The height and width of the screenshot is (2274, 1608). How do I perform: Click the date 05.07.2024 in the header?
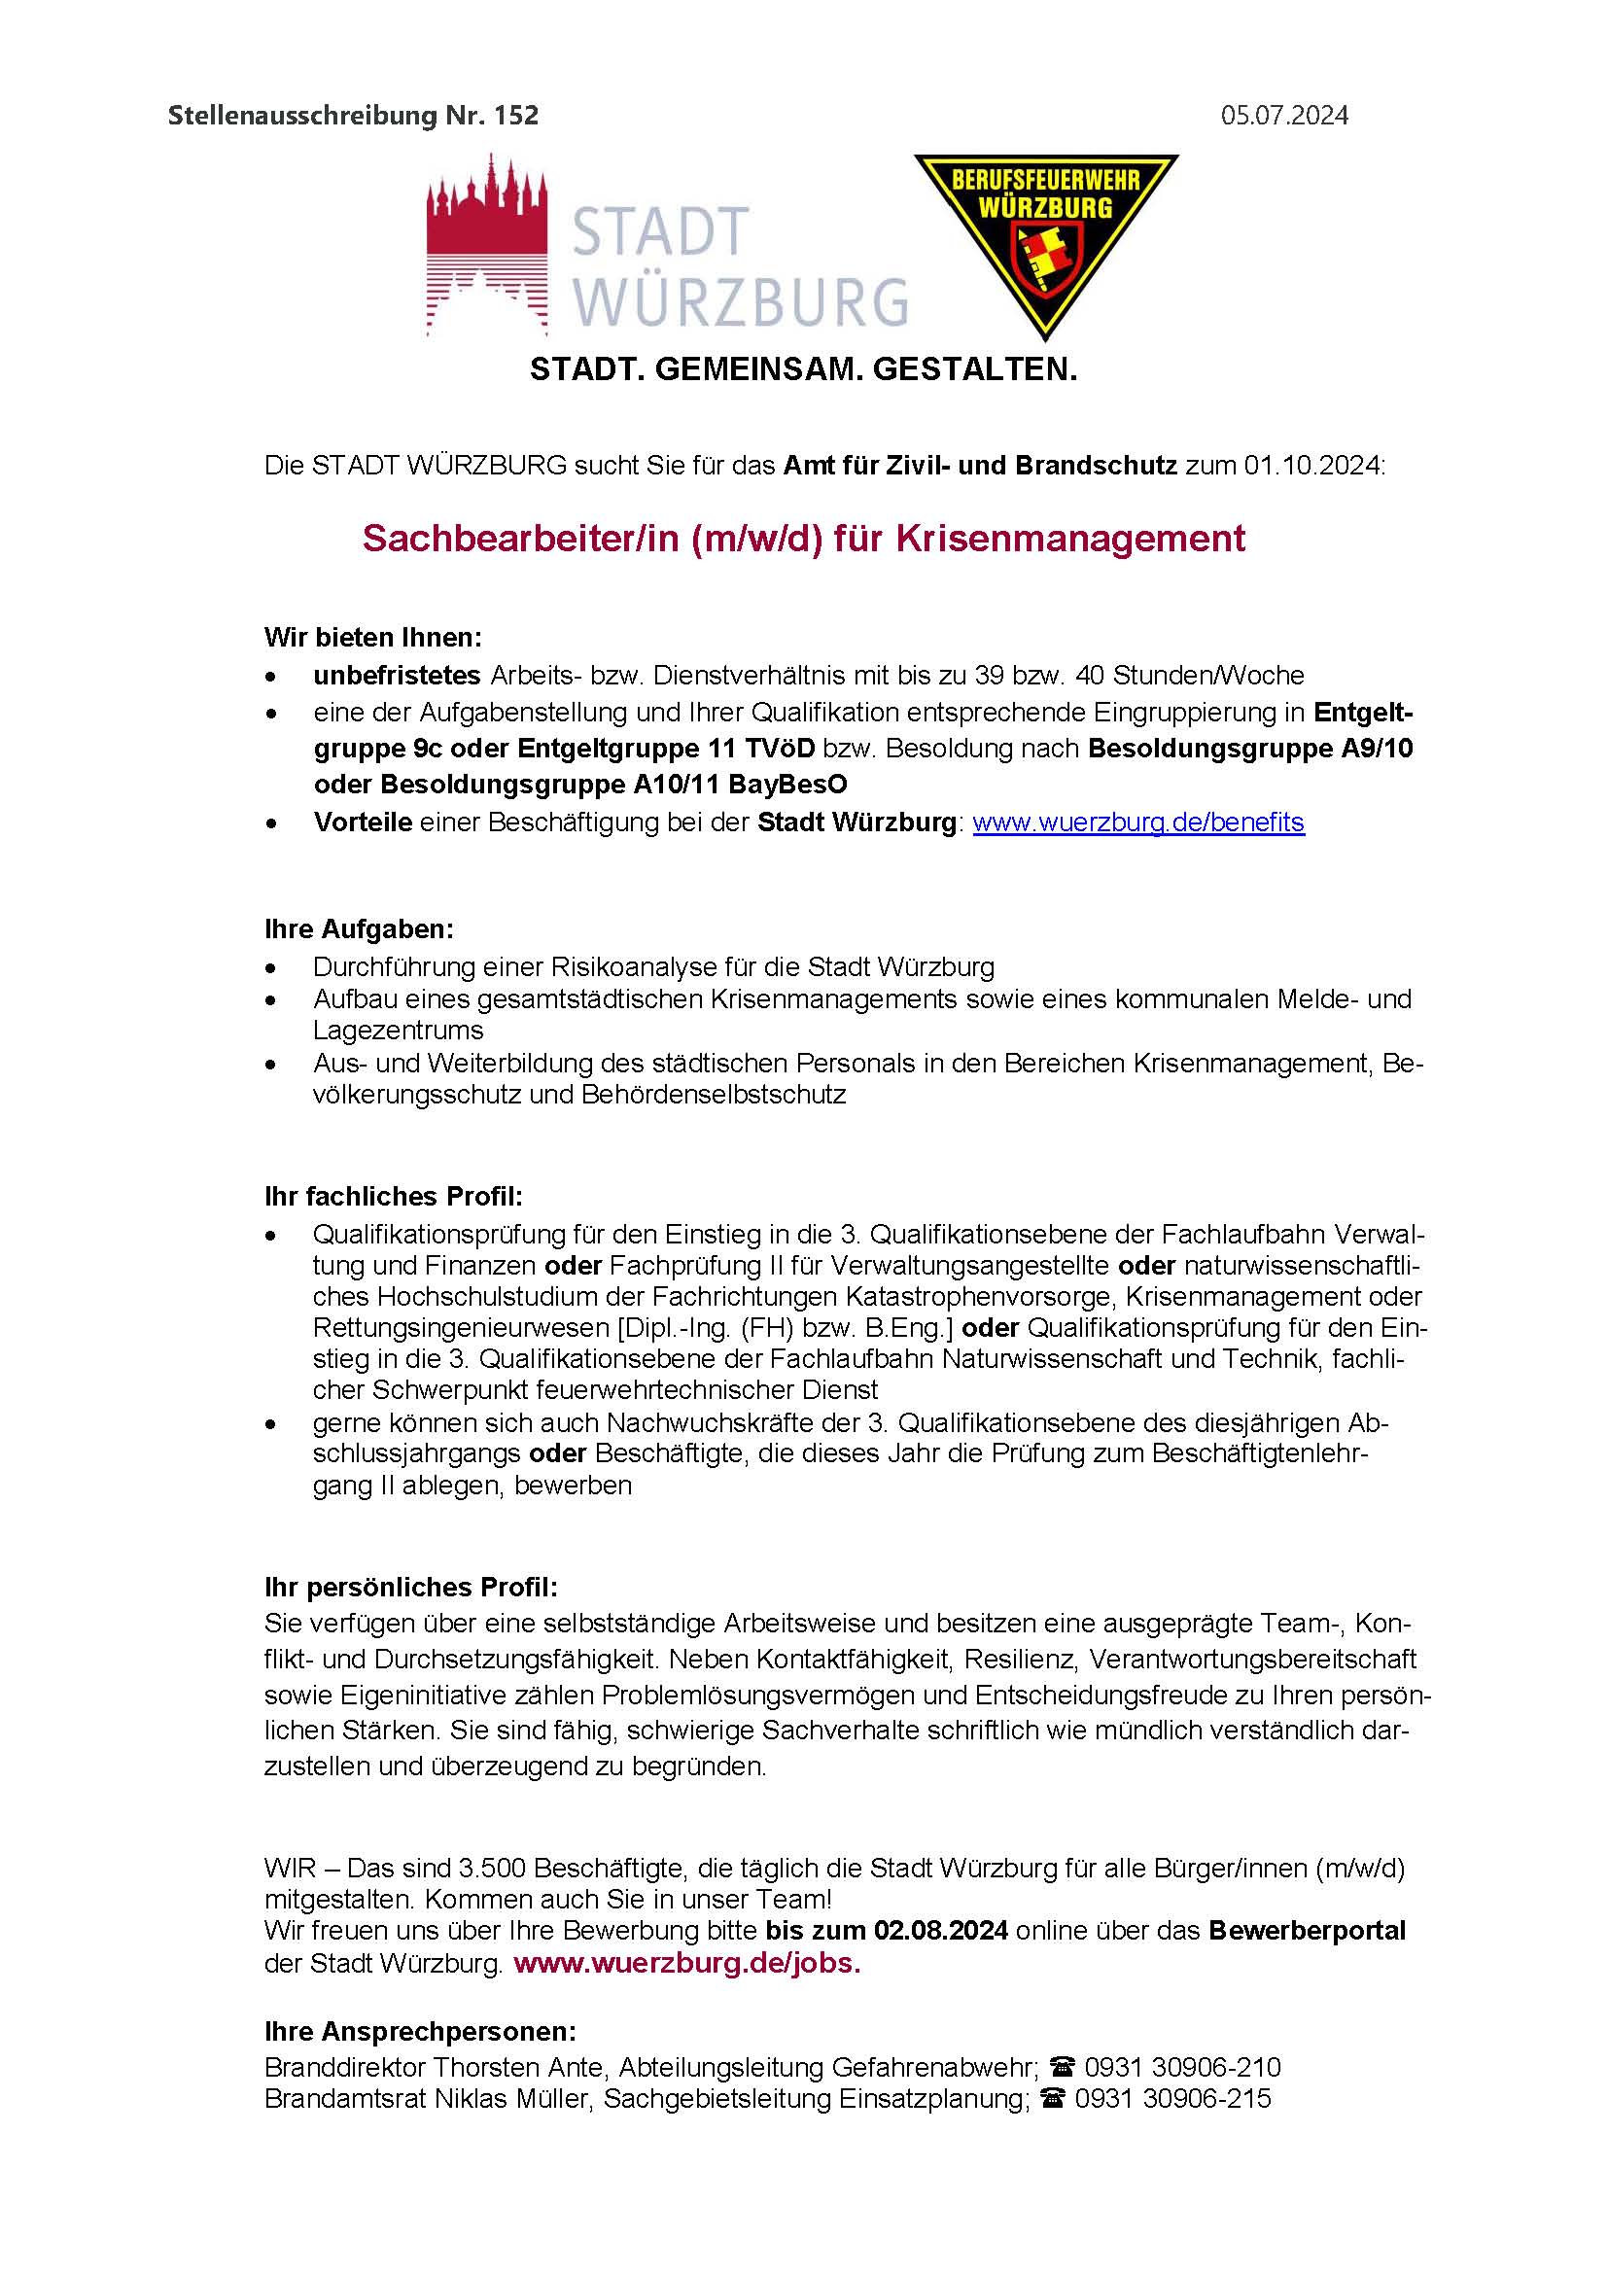(x=1283, y=116)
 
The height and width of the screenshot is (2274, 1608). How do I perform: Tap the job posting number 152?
(x=518, y=116)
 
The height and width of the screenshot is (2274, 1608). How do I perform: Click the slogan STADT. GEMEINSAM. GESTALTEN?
(x=803, y=370)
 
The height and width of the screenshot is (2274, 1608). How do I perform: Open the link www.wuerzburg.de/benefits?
(x=1137, y=822)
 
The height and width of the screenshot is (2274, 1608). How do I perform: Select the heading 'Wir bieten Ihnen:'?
(x=372, y=638)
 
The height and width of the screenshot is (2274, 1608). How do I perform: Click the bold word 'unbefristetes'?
(x=396, y=676)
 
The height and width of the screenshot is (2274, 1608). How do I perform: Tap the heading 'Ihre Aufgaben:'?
(x=359, y=930)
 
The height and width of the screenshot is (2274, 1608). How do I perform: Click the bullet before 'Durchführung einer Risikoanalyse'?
(x=271, y=967)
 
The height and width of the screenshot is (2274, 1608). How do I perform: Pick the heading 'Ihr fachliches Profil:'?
(x=393, y=1197)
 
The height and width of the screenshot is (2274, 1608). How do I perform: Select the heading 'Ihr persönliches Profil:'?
(x=411, y=1588)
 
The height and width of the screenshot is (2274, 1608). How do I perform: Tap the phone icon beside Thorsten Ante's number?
(x=1063, y=2068)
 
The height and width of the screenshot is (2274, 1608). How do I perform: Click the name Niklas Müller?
(x=514, y=2099)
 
